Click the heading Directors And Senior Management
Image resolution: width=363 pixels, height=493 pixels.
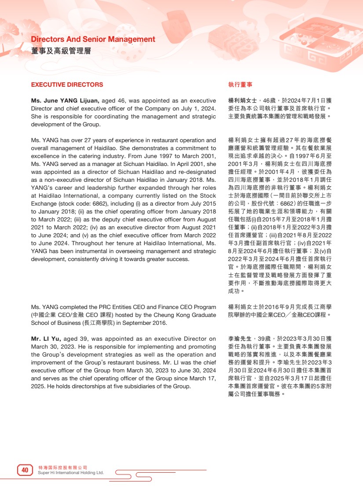[x=93, y=40]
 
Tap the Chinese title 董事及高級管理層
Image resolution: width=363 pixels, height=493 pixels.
[x=61, y=51]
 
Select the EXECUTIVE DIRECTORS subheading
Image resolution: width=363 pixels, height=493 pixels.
[x=67, y=85]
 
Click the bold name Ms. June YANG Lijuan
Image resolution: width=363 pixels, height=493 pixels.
[x=65, y=101]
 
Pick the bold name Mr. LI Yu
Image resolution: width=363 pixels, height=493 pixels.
[x=45, y=339]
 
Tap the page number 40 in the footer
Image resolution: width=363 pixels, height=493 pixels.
[x=25, y=471]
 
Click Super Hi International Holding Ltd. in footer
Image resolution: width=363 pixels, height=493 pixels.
[x=71, y=473]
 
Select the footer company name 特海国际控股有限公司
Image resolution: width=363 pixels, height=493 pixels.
[x=63, y=467]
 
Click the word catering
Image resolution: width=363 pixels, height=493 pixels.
[x=72, y=156]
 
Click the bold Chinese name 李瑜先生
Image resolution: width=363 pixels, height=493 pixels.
[x=240, y=339]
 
